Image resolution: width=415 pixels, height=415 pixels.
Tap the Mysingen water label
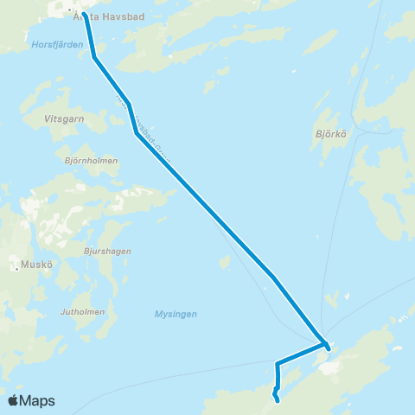pos(176,314)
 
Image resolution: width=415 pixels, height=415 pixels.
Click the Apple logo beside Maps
pos(14,400)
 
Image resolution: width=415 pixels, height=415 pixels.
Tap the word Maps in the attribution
pos(38,400)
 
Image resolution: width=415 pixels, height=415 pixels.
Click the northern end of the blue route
pos(85,14)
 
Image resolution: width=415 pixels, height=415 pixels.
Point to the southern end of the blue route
pos(278,400)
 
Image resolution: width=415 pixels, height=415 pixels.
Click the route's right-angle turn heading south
pos(277,363)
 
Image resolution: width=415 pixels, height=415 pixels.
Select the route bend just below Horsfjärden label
pos(94,57)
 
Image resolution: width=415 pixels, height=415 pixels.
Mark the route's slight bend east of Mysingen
pos(272,278)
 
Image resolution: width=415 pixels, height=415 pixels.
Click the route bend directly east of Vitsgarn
pos(137,134)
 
